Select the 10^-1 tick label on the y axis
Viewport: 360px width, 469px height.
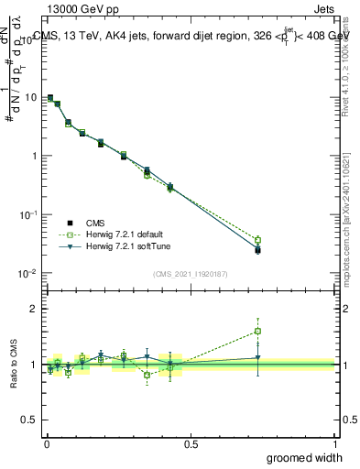[x=28, y=214]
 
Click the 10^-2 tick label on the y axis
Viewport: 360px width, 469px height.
[x=28, y=273]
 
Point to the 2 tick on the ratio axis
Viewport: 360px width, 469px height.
[x=34, y=309]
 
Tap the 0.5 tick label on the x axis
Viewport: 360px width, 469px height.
[x=191, y=443]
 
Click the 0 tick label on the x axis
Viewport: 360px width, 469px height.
[x=46, y=443]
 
